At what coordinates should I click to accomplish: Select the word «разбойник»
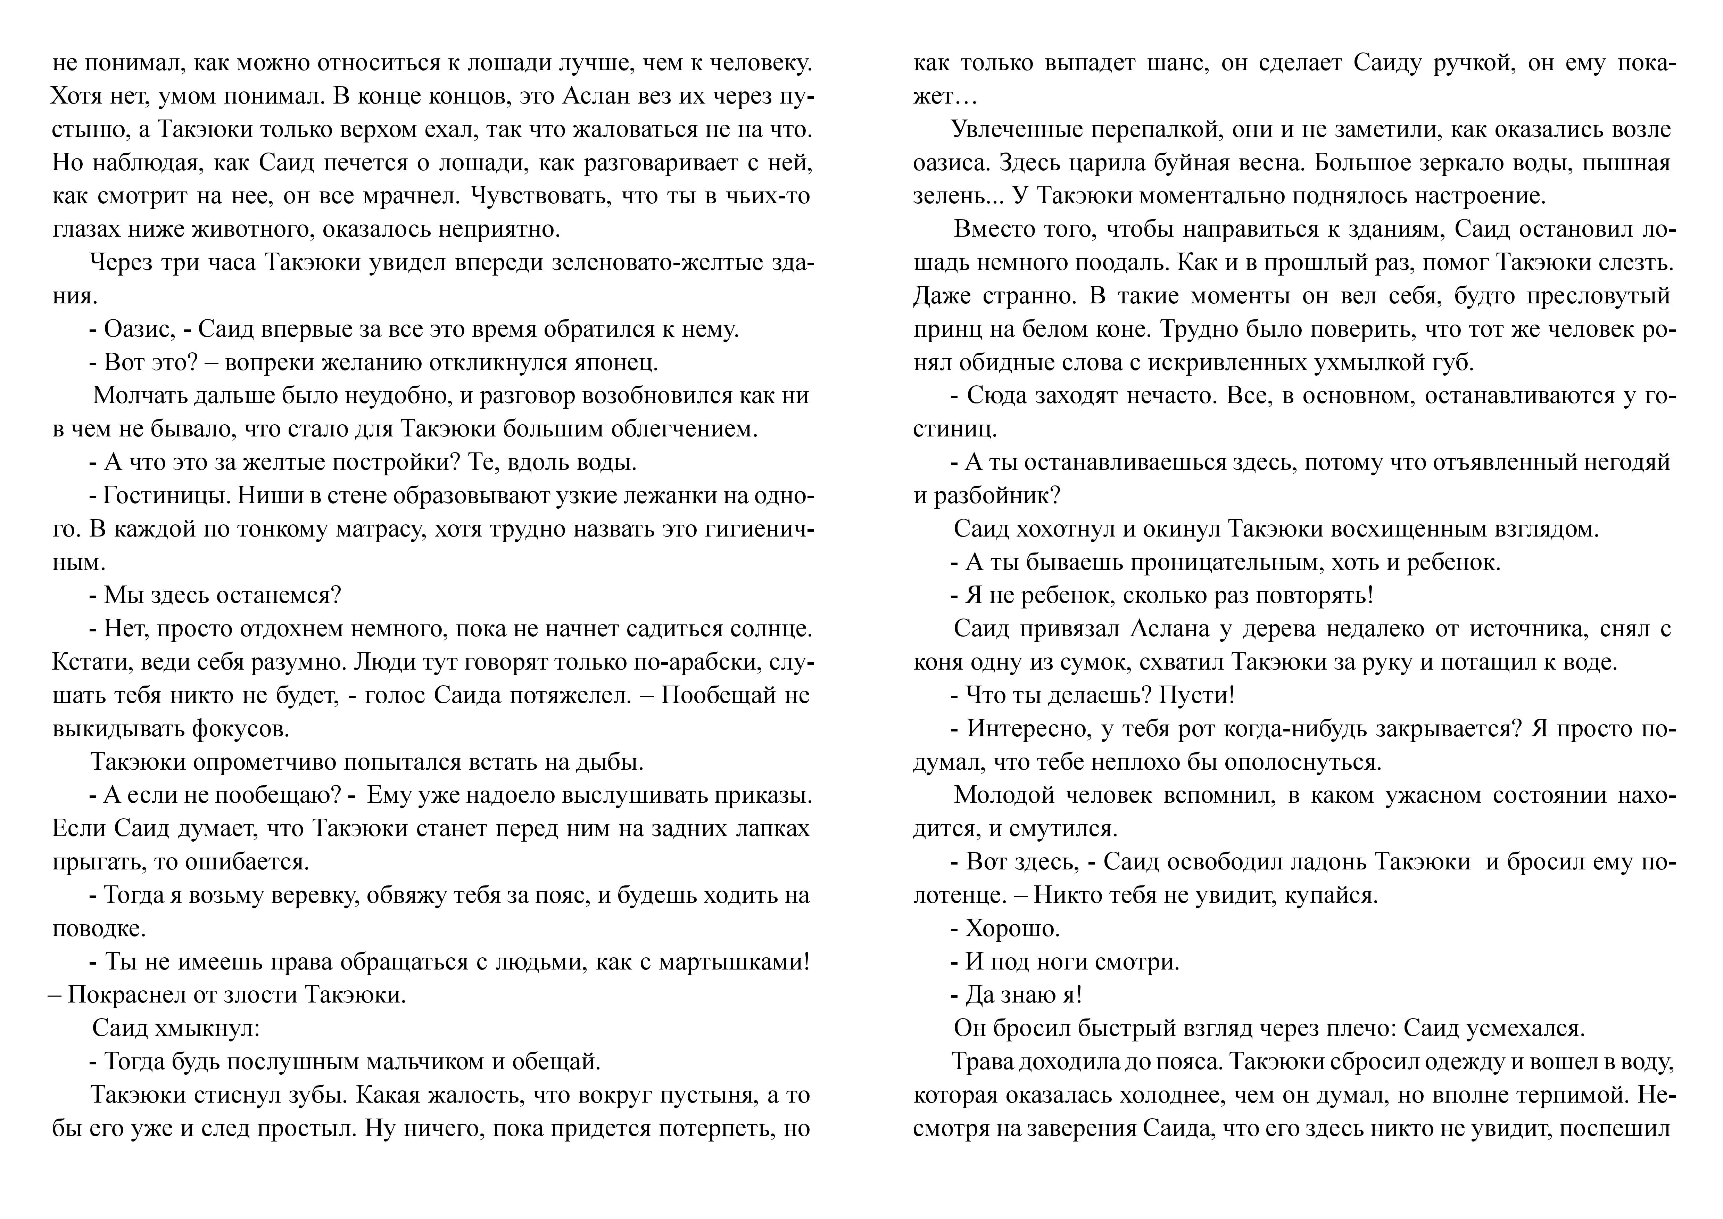(991, 496)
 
